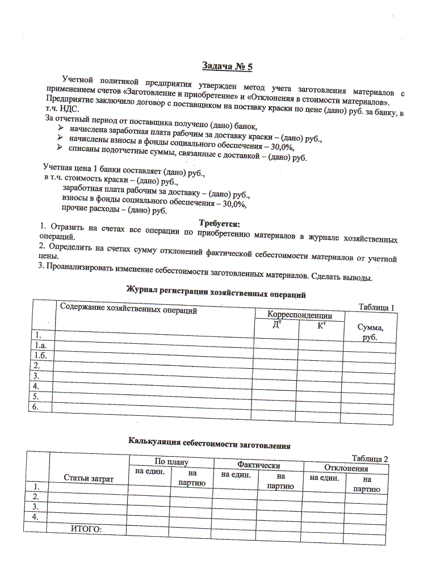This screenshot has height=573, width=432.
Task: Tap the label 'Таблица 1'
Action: click(376, 307)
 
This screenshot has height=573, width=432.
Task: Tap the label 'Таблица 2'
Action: click(370, 458)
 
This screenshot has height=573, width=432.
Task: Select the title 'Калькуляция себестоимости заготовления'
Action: click(209, 445)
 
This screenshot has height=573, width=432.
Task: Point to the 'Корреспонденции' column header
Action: click(300, 315)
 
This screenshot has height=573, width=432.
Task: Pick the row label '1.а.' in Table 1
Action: click(40, 344)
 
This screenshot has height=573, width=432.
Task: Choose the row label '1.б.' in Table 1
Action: click(40, 355)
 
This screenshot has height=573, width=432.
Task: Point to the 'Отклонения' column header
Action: click(346, 468)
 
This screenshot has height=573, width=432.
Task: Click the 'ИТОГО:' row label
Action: click(86, 529)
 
